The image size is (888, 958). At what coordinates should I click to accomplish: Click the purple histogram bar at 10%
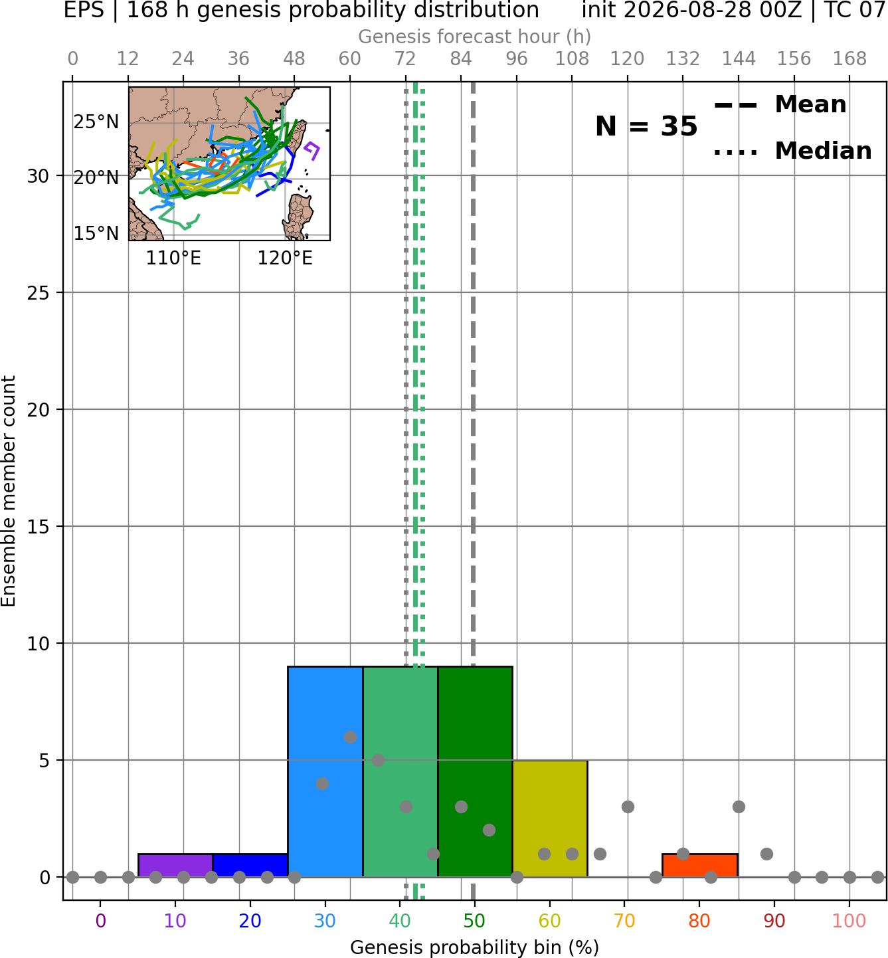pos(175,865)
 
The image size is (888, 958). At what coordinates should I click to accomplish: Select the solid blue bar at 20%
pos(250,865)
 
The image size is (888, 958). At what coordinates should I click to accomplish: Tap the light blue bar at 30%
pos(325,771)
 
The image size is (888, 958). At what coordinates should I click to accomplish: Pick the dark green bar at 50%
pos(475,771)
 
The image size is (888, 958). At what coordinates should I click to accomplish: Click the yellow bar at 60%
pos(550,818)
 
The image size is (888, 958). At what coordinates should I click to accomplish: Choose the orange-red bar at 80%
pos(700,865)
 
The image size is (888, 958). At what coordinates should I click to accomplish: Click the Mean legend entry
pos(780,105)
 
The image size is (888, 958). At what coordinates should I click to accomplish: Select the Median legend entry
pos(792,151)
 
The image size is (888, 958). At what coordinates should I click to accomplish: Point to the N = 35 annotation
pos(646,126)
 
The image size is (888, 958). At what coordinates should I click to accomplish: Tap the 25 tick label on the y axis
pos(39,293)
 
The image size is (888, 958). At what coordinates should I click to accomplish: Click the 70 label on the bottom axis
pos(624,921)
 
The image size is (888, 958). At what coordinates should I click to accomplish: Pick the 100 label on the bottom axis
pos(849,921)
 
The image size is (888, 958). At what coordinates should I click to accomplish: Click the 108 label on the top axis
pos(572,59)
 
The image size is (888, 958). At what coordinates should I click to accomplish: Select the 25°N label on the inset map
pos(96,122)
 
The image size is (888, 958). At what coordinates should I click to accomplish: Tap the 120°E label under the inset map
pos(284,258)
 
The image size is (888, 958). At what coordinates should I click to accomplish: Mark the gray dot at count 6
pos(350,737)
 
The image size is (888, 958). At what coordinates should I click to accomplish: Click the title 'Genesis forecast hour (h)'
pos(475,37)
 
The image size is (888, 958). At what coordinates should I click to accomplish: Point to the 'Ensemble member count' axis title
pos(9,490)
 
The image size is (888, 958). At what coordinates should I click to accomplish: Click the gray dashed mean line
pos(473,490)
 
